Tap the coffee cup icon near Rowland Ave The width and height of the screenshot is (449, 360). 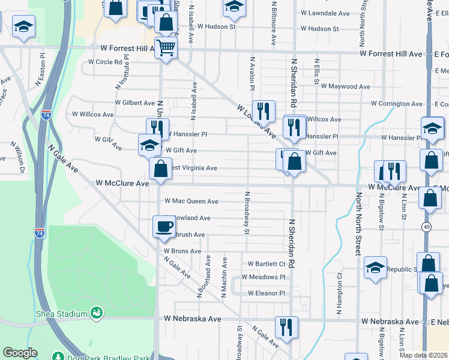(x=164, y=227)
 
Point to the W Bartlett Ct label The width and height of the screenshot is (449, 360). (x=267, y=264)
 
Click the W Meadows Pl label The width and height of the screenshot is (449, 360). (x=263, y=277)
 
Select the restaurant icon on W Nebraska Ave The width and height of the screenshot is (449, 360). (x=286, y=327)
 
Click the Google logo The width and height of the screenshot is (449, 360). (x=20, y=353)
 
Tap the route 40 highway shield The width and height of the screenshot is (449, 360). (x=426, y=226)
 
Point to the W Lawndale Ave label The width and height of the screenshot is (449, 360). (x=325, y=13)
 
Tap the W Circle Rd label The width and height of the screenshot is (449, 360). (x=105, y=62)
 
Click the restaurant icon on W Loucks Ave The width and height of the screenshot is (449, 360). (x=263, y=111)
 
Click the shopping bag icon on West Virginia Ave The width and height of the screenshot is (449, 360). (x=160, y=169)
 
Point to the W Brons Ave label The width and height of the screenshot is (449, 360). (x=182, y=251)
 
